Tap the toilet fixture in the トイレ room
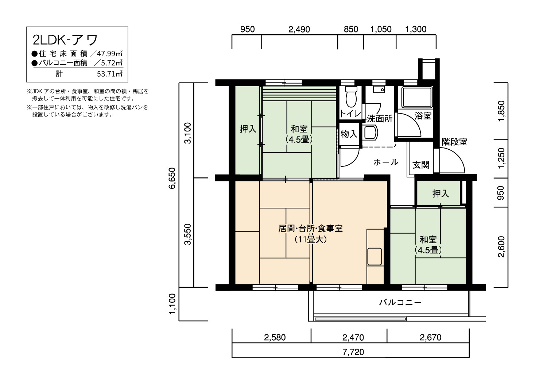click(x=350, y=96)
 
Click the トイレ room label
click(x=350, y=114)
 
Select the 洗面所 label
click(x=379, y=119)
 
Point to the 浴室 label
click(x=423, y=116)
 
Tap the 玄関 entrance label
click(x=420, y=165)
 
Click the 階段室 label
click(x=454, y=142)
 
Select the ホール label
click(x=385, y=162)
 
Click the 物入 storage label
click(x=349, y=134)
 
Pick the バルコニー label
click(x=400, y=303)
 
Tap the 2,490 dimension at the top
click(x=299, y=30)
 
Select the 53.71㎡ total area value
click(x=109, y=74)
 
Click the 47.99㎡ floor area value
click(x=109, y=54)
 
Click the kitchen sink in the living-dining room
click(x=375, y=256)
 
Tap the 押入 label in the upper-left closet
click(x=248, y=129)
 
